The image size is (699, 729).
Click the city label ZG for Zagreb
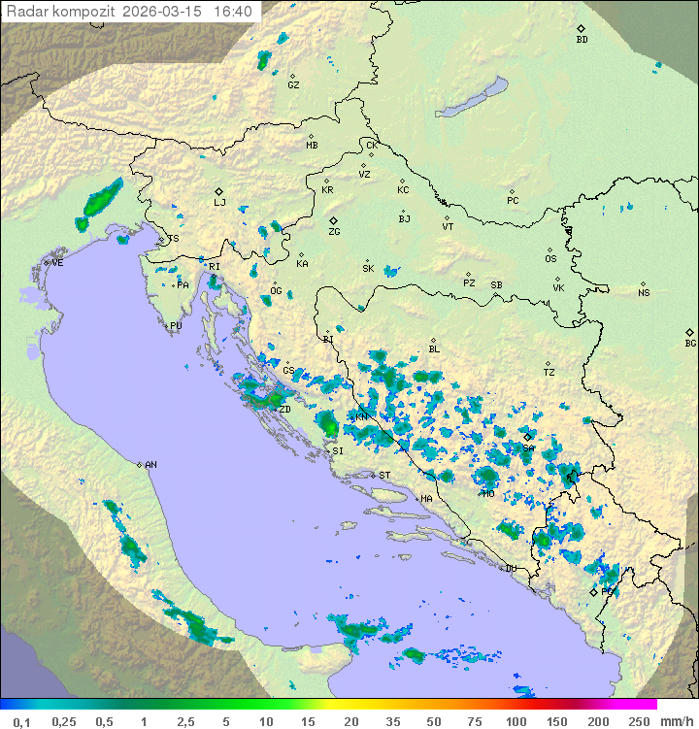(x=334, y=232)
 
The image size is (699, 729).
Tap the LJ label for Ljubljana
(x=219, y=203)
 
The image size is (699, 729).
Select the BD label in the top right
(x=582, y=40)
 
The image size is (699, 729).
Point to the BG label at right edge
(x=690, y=343)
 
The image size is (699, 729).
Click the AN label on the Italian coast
(x=150, y=465)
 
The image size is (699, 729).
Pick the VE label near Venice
(x=57, y=263)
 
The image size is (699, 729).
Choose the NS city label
(x=644, y=293)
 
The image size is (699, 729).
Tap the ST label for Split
(x=384, y=476)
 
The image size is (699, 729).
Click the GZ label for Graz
(x=293, y=85)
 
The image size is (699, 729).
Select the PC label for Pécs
(x=513, y=201)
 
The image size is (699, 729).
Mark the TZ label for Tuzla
(x=549, y=373)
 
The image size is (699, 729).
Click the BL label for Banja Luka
(x=434, y=349)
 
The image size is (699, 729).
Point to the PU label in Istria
(x=176, y=326)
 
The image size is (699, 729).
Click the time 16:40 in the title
(x=233, y=12)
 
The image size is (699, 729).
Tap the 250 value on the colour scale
(x=639, y=721)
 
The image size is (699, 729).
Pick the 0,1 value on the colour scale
(x=21, y=721)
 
